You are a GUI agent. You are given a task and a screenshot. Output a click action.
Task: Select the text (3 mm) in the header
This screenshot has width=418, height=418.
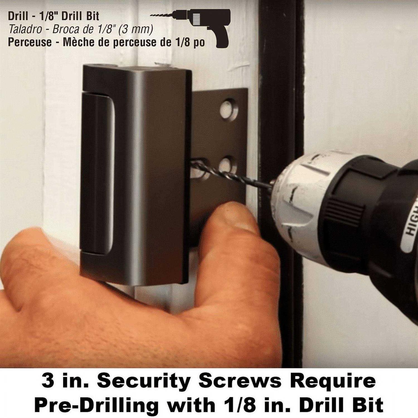(x=135, y=29)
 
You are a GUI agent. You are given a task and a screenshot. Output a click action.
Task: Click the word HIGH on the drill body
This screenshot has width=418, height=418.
(x=412, y=220)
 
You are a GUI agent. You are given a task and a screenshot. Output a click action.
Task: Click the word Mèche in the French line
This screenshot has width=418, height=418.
(x=81, y=42)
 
